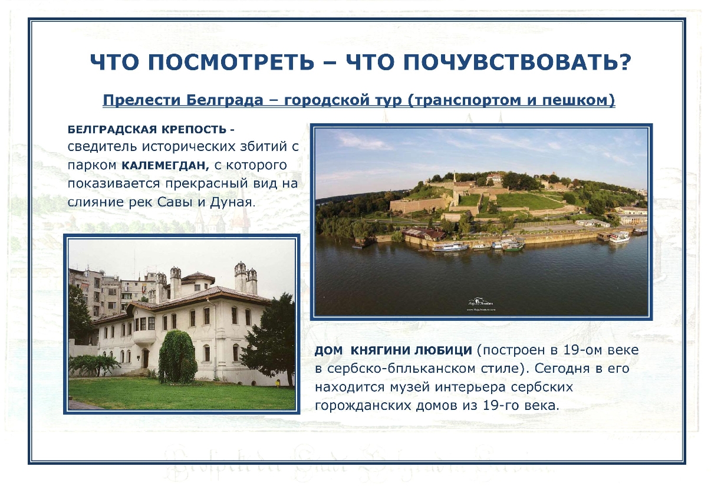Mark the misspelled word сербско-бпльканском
pos(393,369)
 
